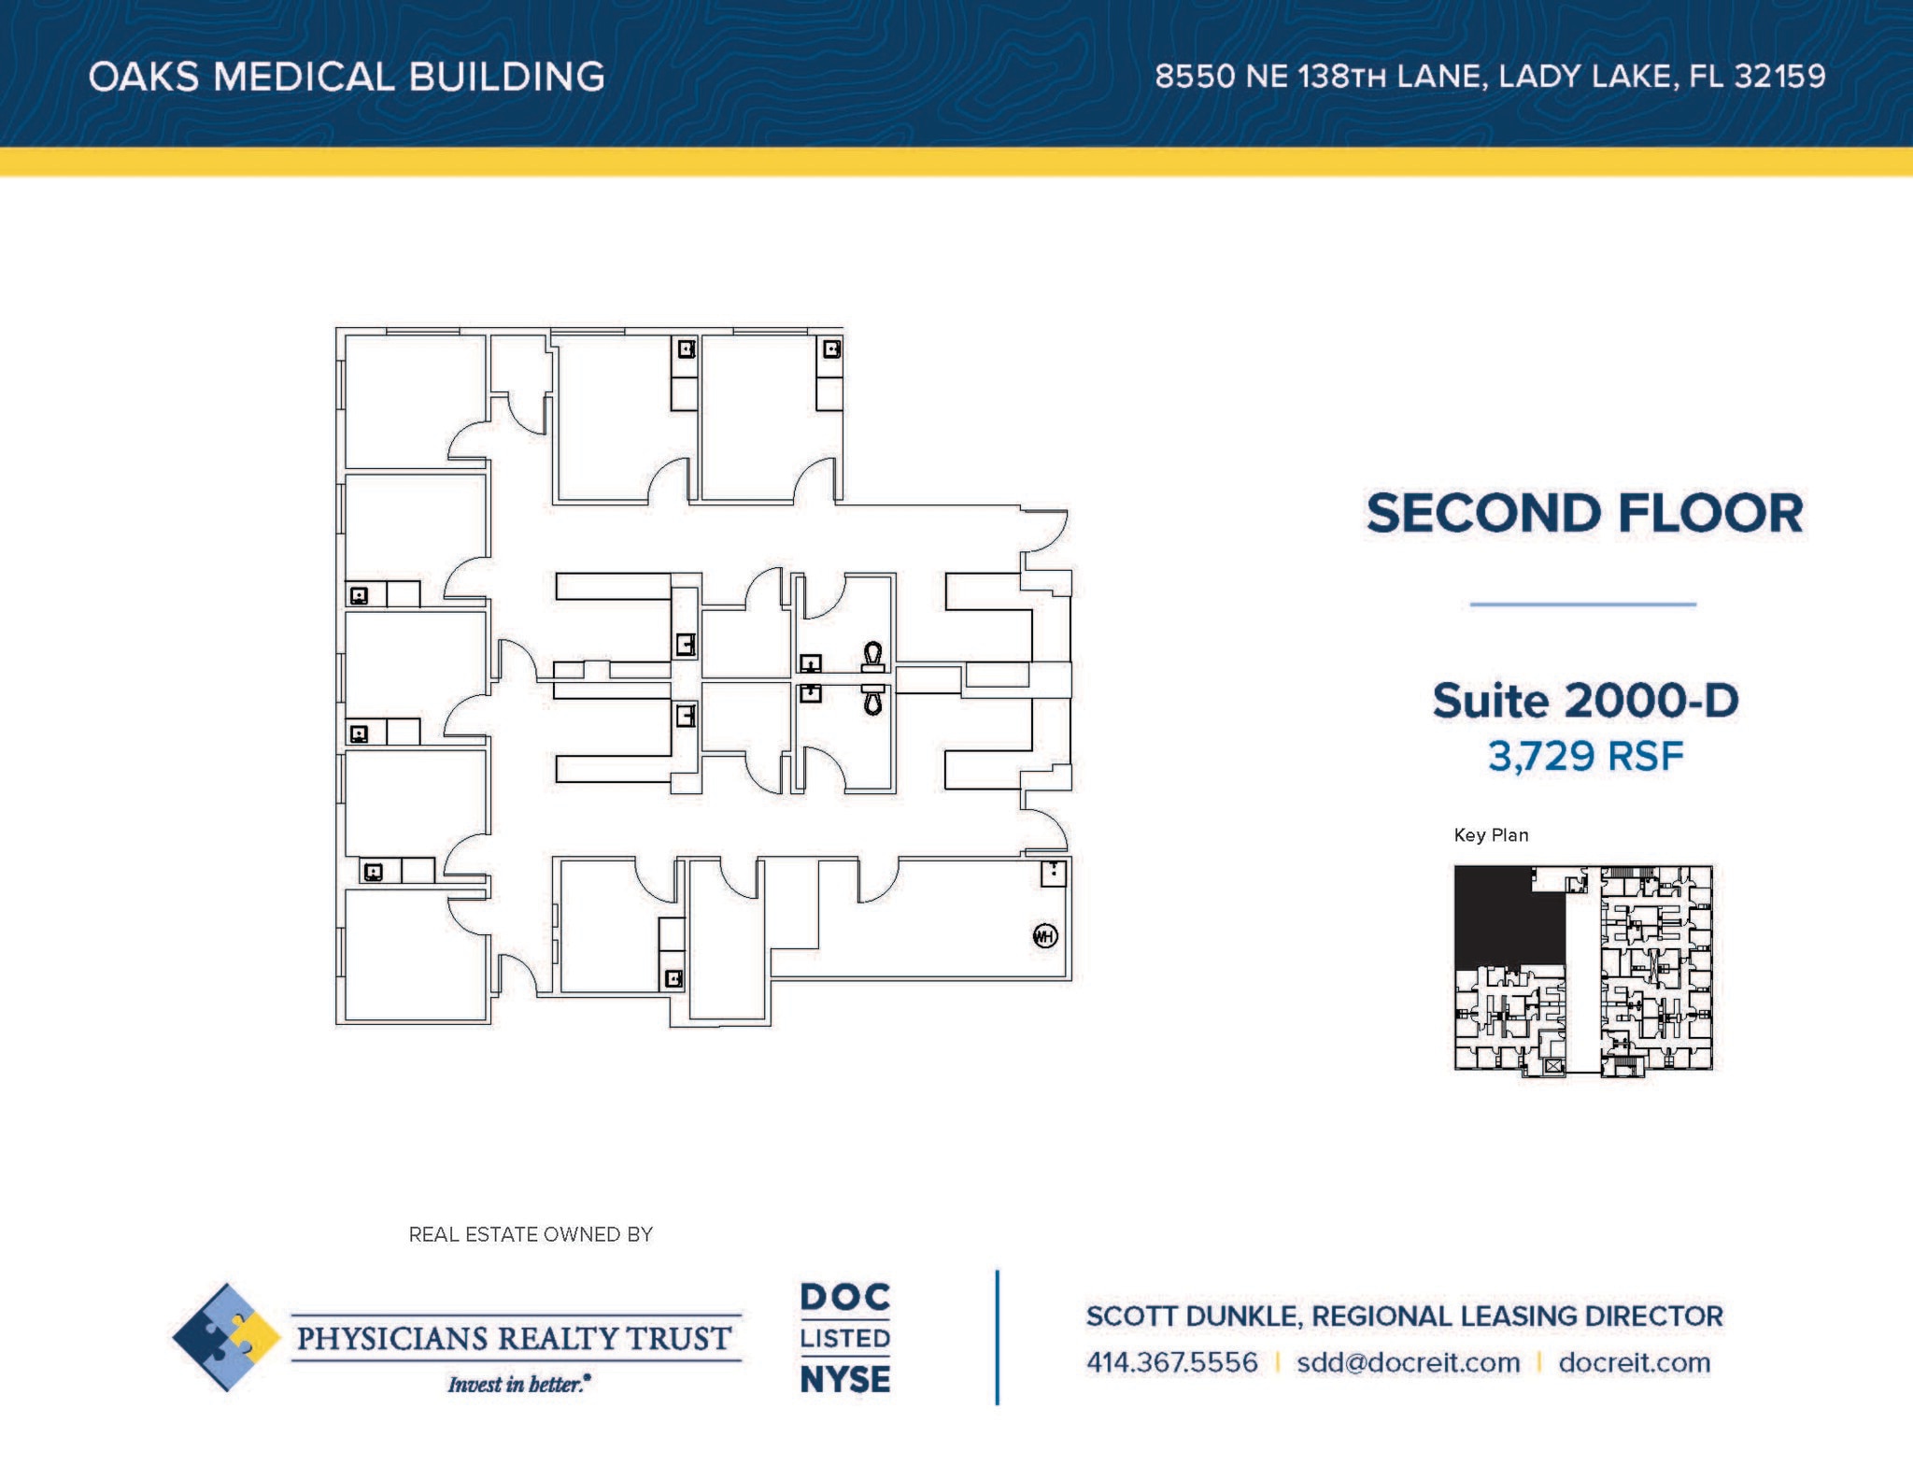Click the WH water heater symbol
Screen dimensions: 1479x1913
[x=1045, y=935]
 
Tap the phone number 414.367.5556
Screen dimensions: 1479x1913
[x=1171, y=1362]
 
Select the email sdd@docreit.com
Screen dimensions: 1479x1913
[x=1408, y=1362]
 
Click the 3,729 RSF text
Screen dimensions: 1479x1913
[x=1585, y=756]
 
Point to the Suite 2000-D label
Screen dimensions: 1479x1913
[x=1585, y=701]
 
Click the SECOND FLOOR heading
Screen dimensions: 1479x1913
[x=1584, y=514]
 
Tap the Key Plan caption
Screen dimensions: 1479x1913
[x=1491, y=835]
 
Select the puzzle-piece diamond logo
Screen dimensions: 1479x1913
[x=226, y=1337]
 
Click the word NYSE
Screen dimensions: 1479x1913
[x=845, y=1379]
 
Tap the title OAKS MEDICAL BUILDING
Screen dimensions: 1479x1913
[x=347, y=77]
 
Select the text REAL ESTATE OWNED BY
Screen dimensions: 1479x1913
[x=531, y=1234]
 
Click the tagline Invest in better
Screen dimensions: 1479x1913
[x=517, y=1384]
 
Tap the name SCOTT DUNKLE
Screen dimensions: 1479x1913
[x=1192, y=1316]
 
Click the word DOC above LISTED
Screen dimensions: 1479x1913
[x=845, y=1297]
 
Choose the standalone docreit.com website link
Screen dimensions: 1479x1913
[x=1635, y=1362]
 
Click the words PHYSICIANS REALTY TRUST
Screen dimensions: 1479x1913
[x=514, y=1338]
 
